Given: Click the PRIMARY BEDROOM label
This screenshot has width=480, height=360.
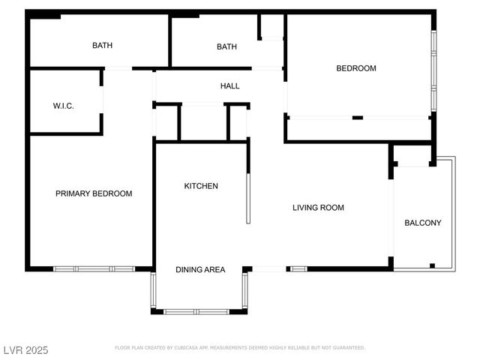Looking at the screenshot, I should pos(94,193).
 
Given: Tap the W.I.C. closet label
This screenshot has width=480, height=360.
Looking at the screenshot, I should pos(63,106).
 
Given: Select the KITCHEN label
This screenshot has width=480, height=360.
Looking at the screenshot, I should pos(201,186).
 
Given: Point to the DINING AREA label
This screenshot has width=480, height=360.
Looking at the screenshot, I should pos(200,269).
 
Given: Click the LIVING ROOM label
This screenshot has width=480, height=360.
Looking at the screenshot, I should pos(318,208).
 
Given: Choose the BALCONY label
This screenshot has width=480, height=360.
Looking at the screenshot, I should pos(423,223).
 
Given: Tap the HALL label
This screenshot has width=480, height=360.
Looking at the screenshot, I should pos(230,86).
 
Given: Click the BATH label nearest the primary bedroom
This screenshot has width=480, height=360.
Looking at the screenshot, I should pos(103,46).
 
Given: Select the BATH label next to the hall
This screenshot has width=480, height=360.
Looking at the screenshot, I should pos(226,46).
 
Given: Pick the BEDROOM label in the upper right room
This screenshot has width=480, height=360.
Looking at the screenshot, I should pos(355,68).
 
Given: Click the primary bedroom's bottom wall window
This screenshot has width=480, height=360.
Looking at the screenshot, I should pos(94,268).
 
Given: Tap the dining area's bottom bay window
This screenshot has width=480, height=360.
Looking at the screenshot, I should pos(197,311).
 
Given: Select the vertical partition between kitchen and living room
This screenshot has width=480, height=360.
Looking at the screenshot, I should pos(247,198).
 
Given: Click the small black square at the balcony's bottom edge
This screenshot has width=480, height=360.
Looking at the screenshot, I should pos(432,265).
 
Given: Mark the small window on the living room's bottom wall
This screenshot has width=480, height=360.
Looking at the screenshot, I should pos(298,268).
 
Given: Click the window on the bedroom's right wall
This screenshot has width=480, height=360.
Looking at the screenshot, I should pos(433,71).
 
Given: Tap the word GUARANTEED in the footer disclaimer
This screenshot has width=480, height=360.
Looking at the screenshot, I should pos(348,348).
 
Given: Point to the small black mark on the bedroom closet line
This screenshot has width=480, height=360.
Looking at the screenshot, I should pos(358,118).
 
